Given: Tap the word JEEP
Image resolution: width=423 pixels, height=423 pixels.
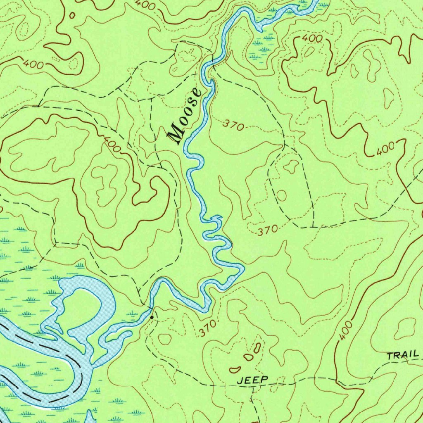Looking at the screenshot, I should tap(253, 380).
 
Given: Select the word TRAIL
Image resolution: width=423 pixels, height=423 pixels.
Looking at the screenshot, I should tap(403, 355).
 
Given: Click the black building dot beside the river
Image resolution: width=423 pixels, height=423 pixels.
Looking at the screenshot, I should tap(152, 317).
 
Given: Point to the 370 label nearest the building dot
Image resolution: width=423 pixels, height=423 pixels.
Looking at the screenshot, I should tap(207, 329).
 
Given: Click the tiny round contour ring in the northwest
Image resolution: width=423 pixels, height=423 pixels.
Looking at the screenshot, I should tap(73, 15).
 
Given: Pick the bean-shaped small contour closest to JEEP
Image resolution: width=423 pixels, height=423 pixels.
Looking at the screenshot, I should tap(235, 368).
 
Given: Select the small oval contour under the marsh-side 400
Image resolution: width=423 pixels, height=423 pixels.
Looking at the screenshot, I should tap(309, 51).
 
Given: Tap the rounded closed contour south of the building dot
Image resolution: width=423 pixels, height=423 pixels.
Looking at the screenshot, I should tap(165, 339).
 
